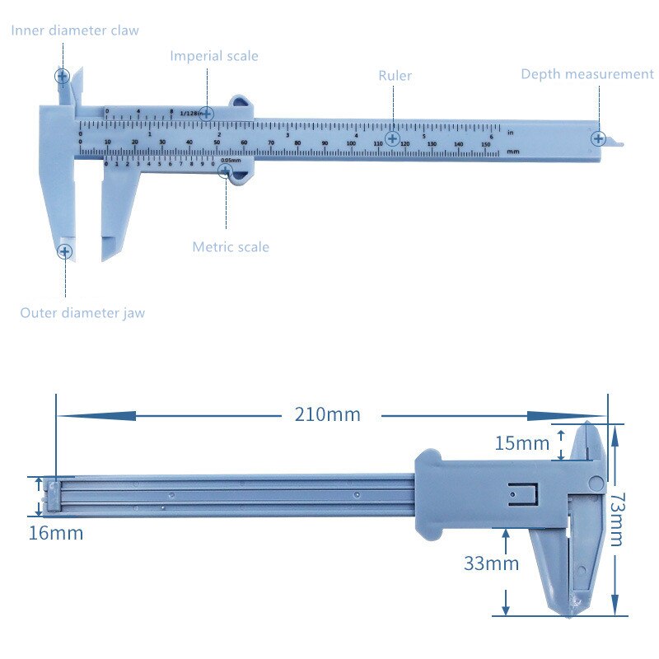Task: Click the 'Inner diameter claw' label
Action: pos(75,30)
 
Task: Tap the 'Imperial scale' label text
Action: pos(214,56)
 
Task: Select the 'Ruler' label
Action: pos(395,76)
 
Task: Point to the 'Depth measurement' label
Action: pos(587,74)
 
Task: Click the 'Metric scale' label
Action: pos(231,247)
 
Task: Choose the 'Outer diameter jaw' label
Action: pos(82,313)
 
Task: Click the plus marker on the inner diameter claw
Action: pos(62,77)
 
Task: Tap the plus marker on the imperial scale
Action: pos(207,113)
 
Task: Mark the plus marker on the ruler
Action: pos(393,138)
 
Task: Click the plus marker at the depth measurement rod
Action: pos(598,138)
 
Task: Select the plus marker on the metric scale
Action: pos(224,171)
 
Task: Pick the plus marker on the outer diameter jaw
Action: pos(64,250)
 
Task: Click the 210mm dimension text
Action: pos(328,414)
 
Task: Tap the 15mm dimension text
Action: pos(521,443)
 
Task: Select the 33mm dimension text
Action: pos(491,563)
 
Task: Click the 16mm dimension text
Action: pos(56,533)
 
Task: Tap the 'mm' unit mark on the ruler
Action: pos(513,152)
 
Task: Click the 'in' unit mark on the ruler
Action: pos(511,132)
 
